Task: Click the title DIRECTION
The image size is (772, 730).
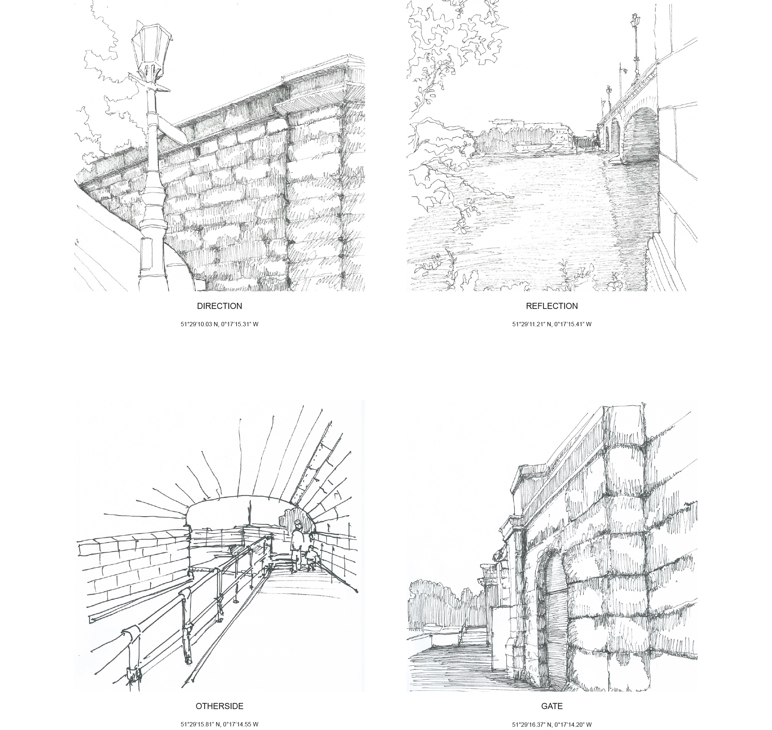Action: (x=219, y=306)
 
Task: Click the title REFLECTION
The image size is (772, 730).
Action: (x=552, y=306)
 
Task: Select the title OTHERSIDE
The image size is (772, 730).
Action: (x=219, y=706)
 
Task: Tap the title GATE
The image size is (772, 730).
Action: (x=552, y=706)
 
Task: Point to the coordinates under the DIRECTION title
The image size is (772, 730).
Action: (x=219, y=324)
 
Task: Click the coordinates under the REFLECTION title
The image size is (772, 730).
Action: (x=552, y=324)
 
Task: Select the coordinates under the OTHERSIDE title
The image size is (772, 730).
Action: (x=219, y=724)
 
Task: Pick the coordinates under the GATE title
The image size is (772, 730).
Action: (x=552, y=724)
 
